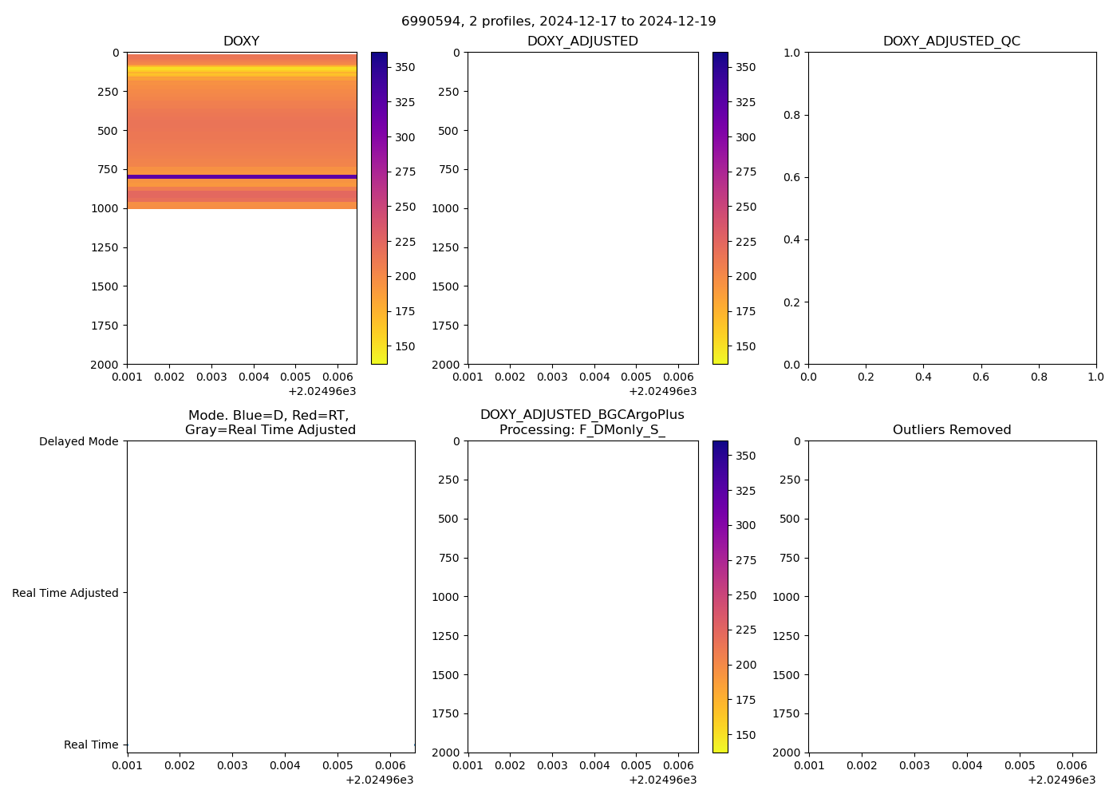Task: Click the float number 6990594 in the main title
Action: click(x=431, y=21)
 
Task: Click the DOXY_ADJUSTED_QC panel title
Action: click(x=951, y=41)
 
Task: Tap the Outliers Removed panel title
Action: click(x=951, y=429)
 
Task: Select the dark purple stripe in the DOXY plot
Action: click(x=242, y=176)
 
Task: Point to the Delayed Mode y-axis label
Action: click(x=78, y=441)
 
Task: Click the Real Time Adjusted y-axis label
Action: click(x=65, y=593)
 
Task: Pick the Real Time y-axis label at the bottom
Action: click(x=91, y=745)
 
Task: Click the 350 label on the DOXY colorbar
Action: click(x=405, y=67)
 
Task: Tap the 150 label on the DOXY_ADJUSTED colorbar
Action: click(x=745, y=346)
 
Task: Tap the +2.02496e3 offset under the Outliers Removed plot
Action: click(x=1061, y=780)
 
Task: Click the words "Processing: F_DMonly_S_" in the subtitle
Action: click(x=582, y=429)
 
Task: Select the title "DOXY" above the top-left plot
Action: click(x=241, y=41)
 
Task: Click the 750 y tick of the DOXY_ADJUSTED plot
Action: click(x=450, y=169)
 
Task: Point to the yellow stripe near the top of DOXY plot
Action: click(x=242, y=71)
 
